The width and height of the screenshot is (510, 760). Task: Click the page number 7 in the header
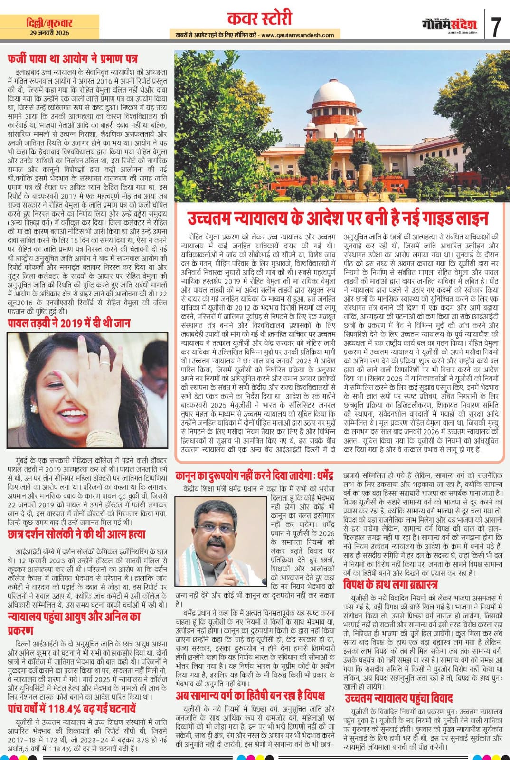(x=496, y=26)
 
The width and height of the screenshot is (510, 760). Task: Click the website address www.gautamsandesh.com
(x=297, y=35)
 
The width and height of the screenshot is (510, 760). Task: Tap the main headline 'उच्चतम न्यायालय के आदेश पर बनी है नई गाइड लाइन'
(x=338, y=219)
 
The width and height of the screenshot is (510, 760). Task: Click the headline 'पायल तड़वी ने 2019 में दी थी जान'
(x=69, y=323)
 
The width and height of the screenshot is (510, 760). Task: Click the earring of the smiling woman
(x=34, y=408)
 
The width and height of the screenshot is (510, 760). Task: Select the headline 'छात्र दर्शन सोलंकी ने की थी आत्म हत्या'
(x=76, y=534)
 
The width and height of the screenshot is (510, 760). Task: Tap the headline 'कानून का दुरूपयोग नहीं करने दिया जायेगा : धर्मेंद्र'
(x=255, y=475)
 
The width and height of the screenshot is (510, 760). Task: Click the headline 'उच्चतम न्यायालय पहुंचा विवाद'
(x=399, y=698)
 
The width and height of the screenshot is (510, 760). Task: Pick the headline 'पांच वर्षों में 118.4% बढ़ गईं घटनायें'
(x=72, y=709)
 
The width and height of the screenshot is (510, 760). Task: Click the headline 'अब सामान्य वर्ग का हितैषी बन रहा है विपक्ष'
(x=250, y=695)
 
